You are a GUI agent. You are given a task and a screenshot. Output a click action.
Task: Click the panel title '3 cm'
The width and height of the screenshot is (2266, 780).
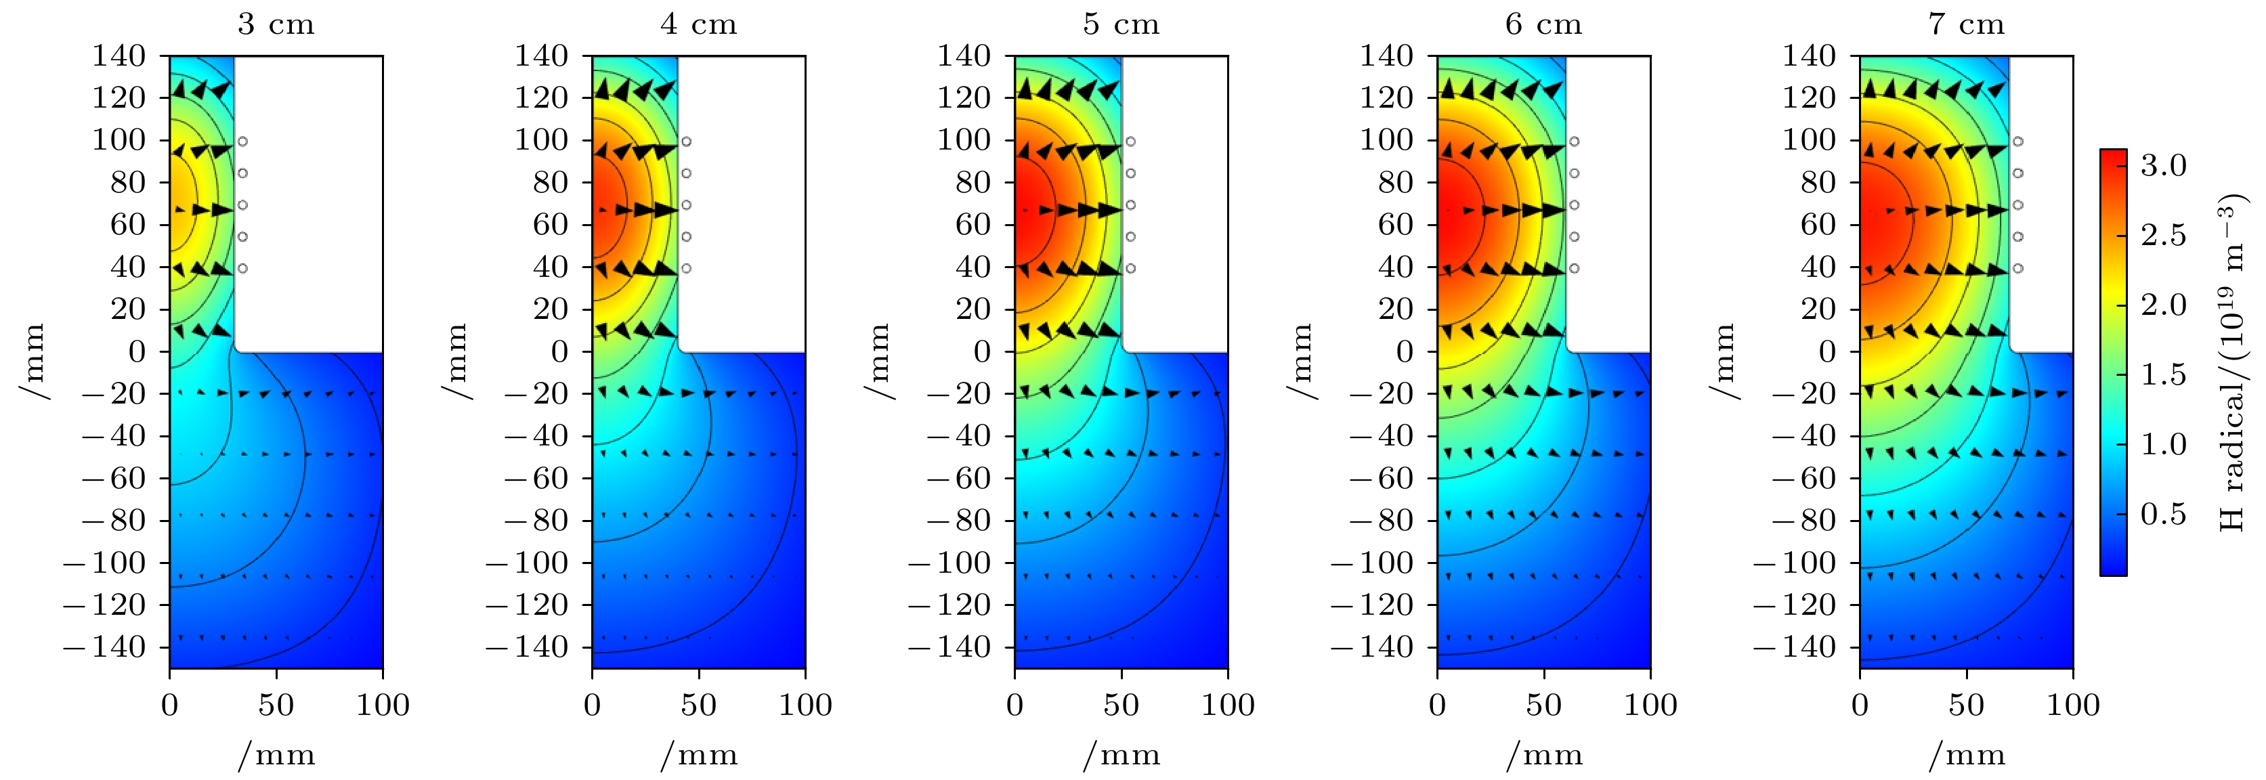(x=276, y=24)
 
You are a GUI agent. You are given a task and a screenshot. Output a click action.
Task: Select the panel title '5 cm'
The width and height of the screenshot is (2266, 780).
(x=1121, y=24)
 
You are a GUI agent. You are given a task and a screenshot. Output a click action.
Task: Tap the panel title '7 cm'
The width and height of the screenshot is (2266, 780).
(x=1966, y=24)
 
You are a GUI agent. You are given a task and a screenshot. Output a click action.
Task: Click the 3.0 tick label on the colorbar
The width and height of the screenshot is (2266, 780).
(x=2163, y=165)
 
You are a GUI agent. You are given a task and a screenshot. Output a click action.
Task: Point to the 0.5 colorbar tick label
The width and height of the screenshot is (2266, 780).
(x=2163, y=513)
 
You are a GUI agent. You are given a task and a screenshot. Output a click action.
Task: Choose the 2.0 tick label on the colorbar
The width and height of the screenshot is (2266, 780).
(x=2163, y=305)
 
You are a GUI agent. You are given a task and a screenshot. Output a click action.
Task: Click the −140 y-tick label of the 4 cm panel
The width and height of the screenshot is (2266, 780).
(x=526, y=647)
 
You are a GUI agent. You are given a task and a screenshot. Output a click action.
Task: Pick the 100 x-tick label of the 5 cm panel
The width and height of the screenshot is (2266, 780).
(x=1228, y=706)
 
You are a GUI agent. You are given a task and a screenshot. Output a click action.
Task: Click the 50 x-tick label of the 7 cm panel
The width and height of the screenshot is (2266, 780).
(x=1966, y=706)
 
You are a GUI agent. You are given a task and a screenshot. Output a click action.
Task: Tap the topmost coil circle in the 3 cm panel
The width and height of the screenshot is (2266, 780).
(x=242, y=141)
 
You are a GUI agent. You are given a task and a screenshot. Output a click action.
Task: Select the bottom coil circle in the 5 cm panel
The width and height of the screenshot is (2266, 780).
(x=1131, y=268)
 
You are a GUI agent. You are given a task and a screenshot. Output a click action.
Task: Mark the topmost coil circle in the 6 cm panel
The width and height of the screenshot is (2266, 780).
(x=1575, y=141)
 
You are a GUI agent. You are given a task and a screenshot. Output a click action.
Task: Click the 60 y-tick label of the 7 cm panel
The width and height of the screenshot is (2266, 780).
(x=1818, y=225)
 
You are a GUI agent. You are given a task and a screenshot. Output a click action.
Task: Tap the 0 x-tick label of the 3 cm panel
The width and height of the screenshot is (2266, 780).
(x=170, y=706)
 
